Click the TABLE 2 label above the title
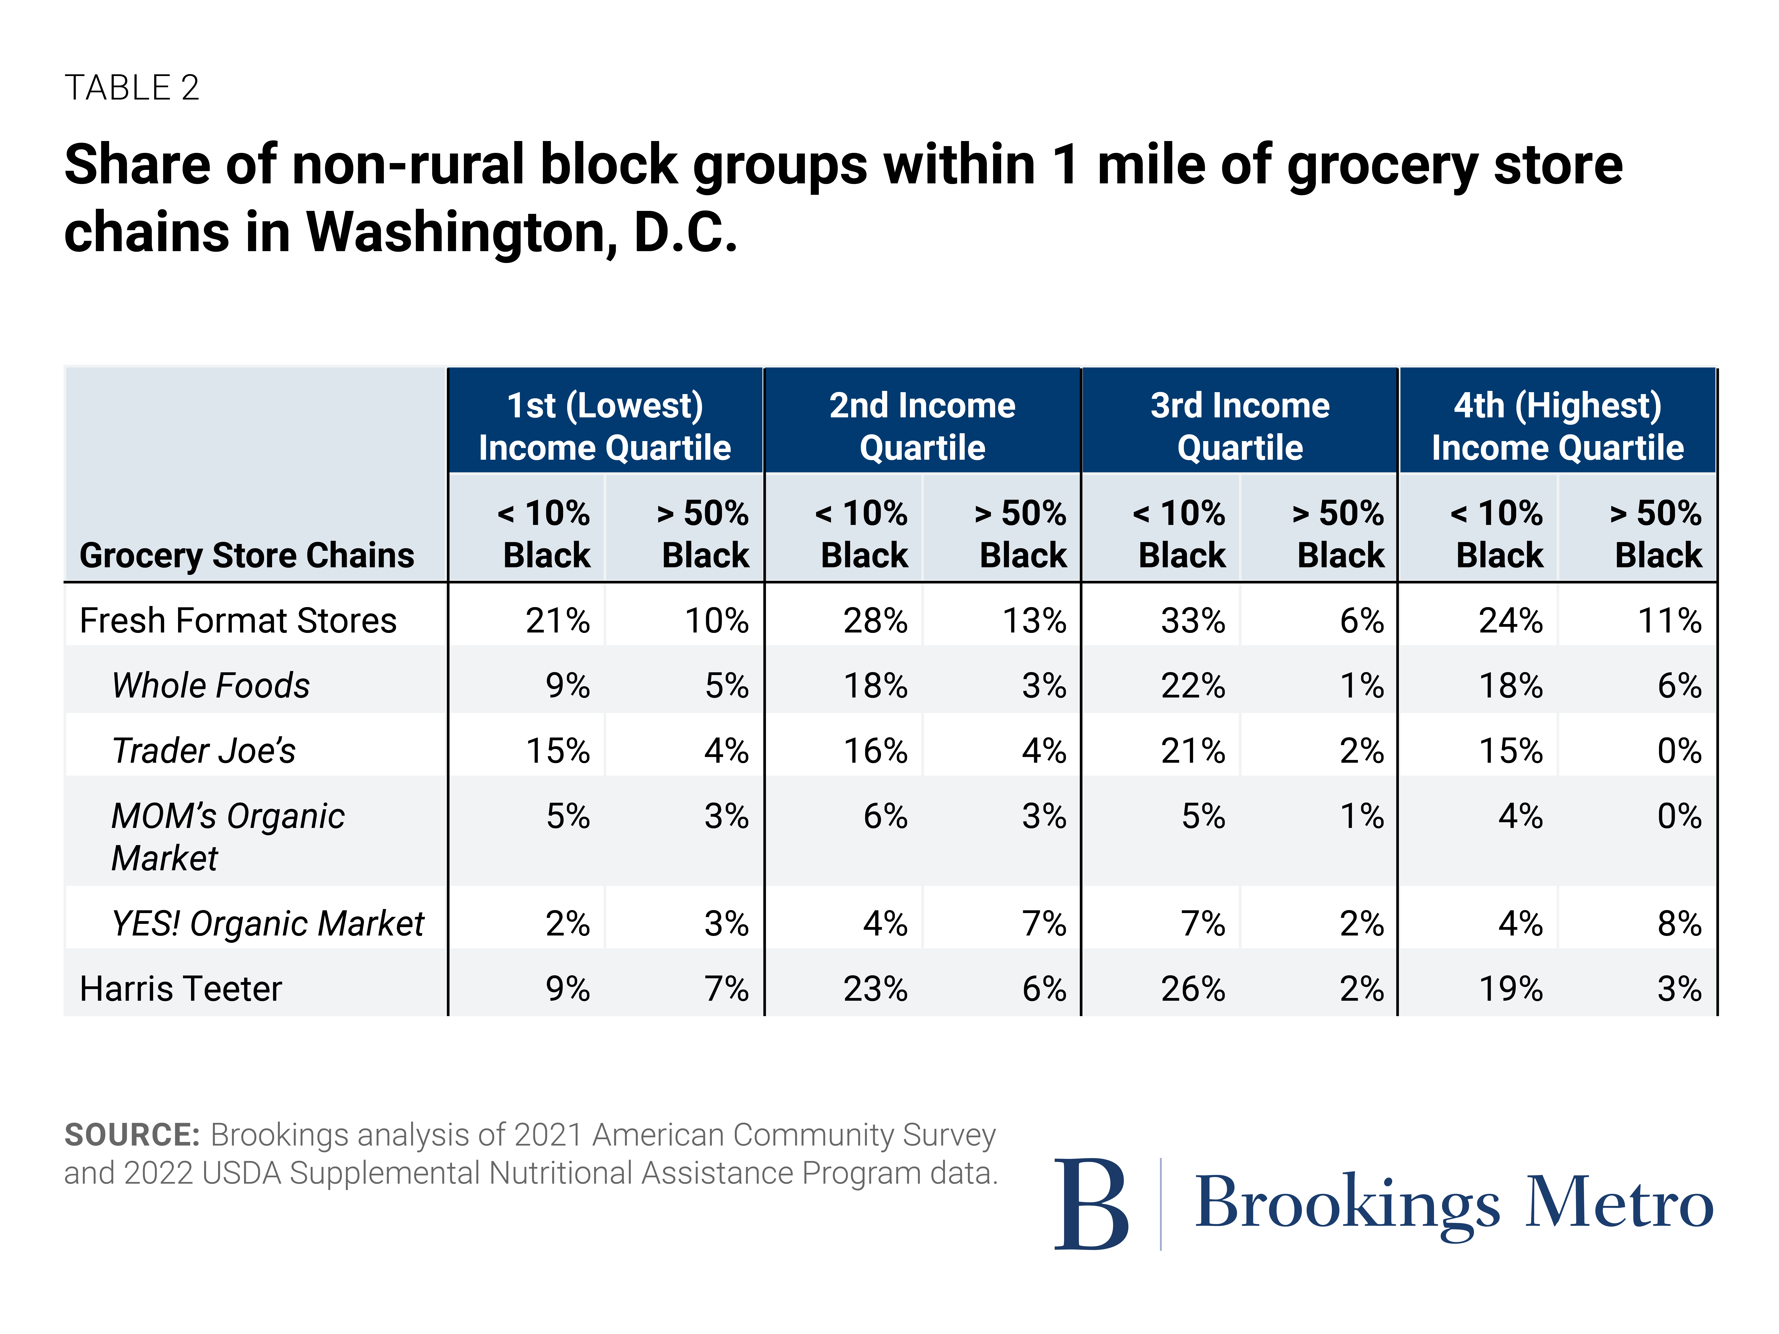(x=132, y=88)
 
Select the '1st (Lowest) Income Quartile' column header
(x=605, y=426)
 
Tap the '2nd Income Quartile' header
(x=923, y=426)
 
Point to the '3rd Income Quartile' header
(x=1240, y=426)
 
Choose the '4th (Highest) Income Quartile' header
(x=1558, y=426)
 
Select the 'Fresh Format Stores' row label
(x=238, y=621)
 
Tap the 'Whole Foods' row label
(x=211, y=686)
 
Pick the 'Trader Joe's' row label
(x=204, y=751)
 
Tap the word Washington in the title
(x=462, y=232)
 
